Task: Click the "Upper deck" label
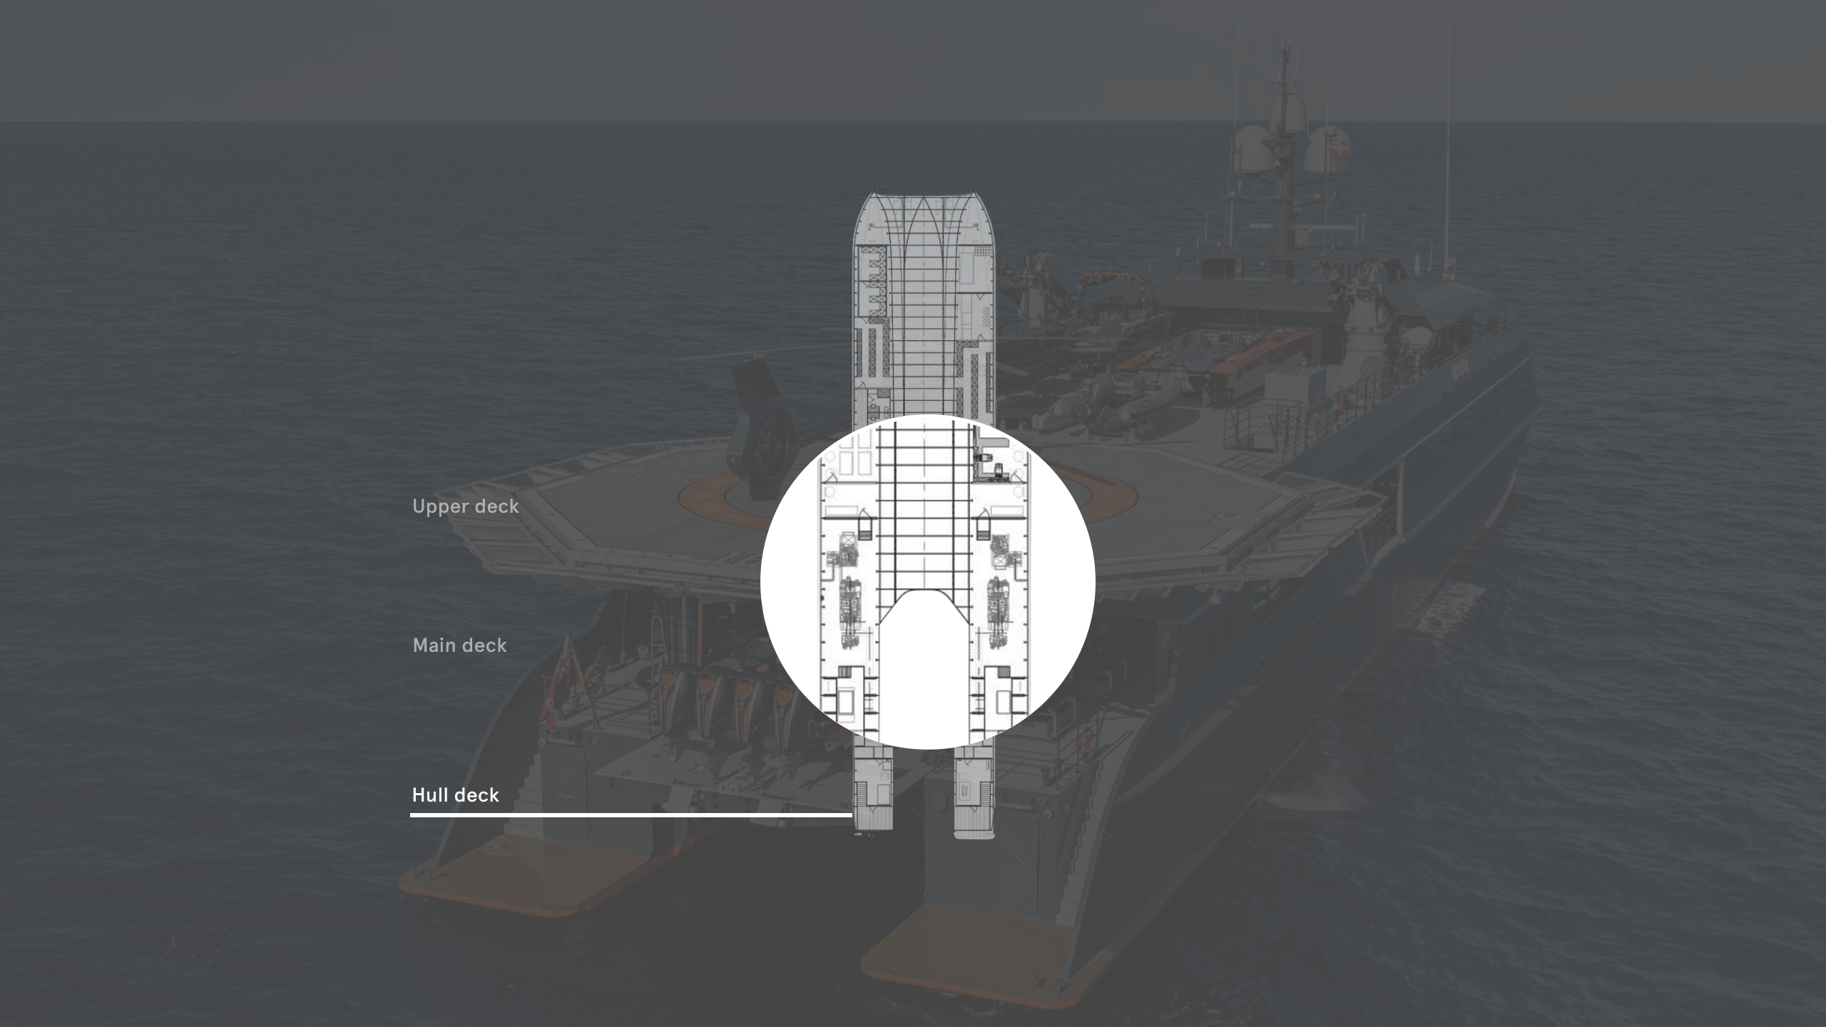point(466,506)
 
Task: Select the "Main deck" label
point(460,645)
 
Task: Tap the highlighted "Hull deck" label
point(456,795)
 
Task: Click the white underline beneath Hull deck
point(631,814)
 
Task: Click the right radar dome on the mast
point(1325,150)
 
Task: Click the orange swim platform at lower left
point(499,877)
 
